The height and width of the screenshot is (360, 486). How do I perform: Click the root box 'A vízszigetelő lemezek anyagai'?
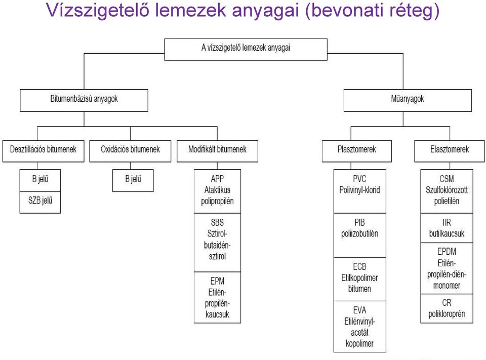[246, 49]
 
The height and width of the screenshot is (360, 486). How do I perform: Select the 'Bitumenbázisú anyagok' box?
[84, 100]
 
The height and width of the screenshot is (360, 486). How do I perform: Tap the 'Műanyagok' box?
[408, 100]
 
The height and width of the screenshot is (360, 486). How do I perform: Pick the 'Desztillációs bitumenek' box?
[44, 151]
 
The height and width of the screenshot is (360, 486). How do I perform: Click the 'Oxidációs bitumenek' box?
[130, 151]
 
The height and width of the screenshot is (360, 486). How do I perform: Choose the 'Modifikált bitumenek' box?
[217, 151]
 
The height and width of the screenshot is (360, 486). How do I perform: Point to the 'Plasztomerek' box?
[357, 151]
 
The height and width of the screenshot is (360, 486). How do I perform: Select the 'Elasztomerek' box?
[450, 151]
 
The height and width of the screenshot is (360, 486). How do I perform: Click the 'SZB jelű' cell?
[40, 202]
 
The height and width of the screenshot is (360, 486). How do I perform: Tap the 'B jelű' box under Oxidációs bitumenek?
[133, 180]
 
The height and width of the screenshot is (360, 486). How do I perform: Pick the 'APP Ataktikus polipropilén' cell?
[217, 191]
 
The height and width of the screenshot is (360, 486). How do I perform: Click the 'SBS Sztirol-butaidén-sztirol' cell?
[217, 243]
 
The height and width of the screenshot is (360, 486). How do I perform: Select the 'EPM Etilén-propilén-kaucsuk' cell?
[217, 298]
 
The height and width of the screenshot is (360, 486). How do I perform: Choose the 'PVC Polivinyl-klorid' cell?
[360, 191]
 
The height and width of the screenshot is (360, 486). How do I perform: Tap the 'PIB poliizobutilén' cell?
[360, 235]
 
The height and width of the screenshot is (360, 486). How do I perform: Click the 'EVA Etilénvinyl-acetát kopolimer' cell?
[360, 327]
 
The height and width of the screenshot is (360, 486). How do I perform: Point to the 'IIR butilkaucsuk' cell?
[447, 228]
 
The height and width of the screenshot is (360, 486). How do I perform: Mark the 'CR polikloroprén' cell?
[447, 308]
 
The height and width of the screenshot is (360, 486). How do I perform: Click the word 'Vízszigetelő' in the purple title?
[97, 10]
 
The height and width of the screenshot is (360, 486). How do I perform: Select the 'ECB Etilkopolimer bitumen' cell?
[360, 279]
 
